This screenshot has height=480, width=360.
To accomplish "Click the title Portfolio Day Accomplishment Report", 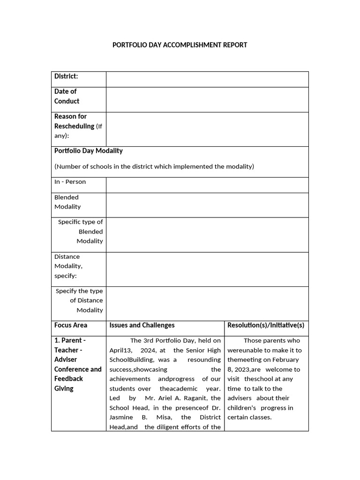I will tap(180, 45).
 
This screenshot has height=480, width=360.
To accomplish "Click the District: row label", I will tap(66, 76).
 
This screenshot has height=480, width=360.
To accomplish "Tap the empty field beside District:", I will tap(207, 79).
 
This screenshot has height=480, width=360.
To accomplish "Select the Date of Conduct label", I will tap(67, 96).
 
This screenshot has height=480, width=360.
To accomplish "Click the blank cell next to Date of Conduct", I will tap(207, 99).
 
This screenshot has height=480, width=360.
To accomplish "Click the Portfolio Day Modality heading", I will tap(89, 150).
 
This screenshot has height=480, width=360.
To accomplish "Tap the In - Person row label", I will tap(70, 182).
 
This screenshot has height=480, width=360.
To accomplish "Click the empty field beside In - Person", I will tap(207, 185).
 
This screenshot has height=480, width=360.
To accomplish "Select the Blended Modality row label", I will tap(67, 202).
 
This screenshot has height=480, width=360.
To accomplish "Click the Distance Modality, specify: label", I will tap(68, 266).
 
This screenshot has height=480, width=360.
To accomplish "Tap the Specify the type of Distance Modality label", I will tap(80, 300).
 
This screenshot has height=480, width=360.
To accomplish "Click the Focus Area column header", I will tap(71, 325).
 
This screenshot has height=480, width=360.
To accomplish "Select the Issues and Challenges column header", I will tap(142, 325).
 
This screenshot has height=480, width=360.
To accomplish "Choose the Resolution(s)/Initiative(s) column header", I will tap(266, 325).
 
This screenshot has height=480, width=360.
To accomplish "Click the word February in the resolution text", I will tap(283, 360).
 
